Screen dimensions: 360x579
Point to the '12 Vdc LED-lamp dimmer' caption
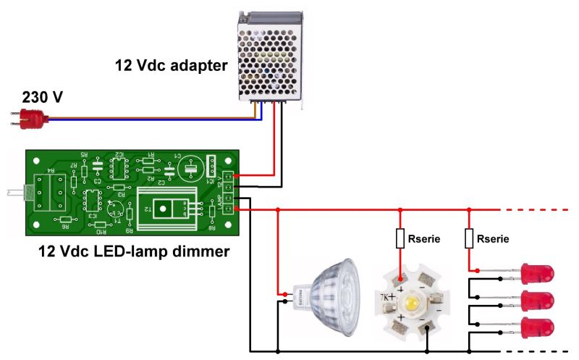coord(133,252)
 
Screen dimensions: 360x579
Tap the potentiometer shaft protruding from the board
coord(15,193)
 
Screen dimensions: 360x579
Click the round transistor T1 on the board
coord(114,209)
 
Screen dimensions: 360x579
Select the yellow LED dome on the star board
coord(411,300)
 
